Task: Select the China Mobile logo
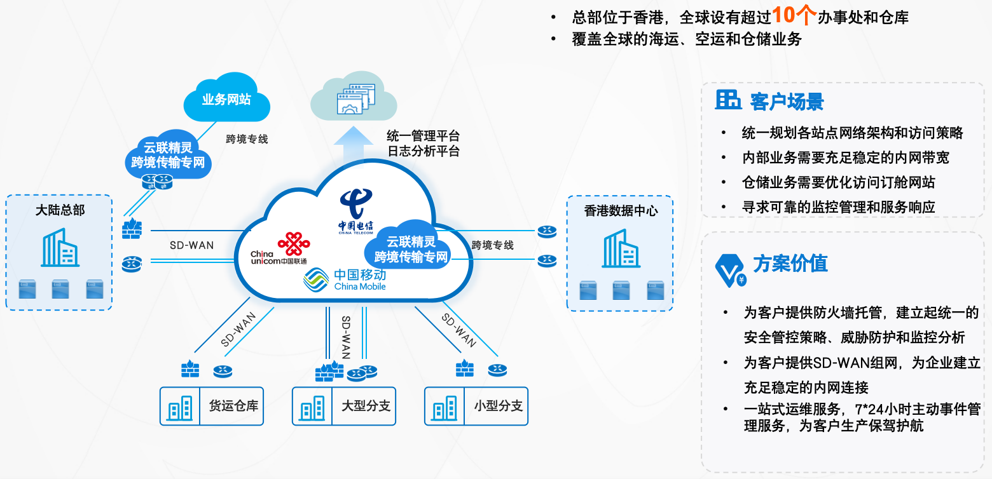pos(345,280)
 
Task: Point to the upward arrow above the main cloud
pos(354,144)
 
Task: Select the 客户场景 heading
pos(787,102)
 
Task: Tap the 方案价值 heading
pos(790,264)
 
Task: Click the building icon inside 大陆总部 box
pos(60,248)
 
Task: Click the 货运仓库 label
pos(233,405)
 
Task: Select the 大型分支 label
pos(366,405)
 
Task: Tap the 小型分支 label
pos(498,405)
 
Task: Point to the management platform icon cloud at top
pos(354,98)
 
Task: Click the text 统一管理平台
pos(423,136)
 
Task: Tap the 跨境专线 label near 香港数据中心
pos(493,245)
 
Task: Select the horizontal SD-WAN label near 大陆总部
pos(191,245)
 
